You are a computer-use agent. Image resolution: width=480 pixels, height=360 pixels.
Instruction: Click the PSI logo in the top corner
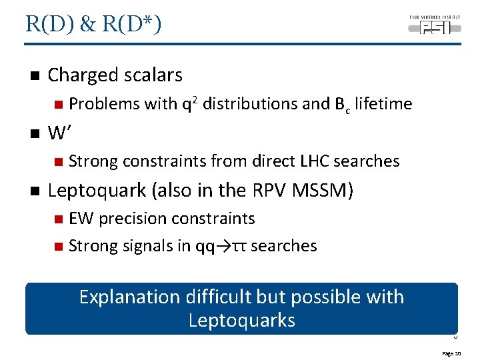[x=431, y=25]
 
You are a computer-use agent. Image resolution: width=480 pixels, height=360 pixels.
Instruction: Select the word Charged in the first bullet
[x=81, y=75]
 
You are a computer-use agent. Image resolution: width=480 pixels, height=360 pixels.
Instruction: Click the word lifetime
[x=383, y=104]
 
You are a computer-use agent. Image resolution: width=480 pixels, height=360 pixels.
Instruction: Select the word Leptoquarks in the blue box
[x=241, y=321]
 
